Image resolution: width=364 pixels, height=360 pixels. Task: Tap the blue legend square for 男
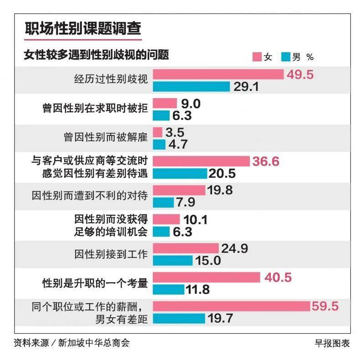(x=286, y=57)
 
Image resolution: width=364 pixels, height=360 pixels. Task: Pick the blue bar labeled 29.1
(x=191, y=86)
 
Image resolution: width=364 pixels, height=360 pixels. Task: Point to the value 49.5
(x=300, y=75)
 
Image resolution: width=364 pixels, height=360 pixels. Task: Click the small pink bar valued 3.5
(x=158, y=132)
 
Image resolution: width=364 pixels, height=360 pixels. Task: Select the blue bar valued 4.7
(x=159, y=144)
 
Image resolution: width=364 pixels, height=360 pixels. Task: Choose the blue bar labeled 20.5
(x=180, y=173)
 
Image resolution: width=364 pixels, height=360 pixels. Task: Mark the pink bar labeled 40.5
(x=206, y=277)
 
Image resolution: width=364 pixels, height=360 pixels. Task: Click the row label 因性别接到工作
(x=111, y=254)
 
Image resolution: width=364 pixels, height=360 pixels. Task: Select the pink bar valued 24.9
(x=186, y=248)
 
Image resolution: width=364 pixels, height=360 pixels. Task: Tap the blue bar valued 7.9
(x=163, y=202)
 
